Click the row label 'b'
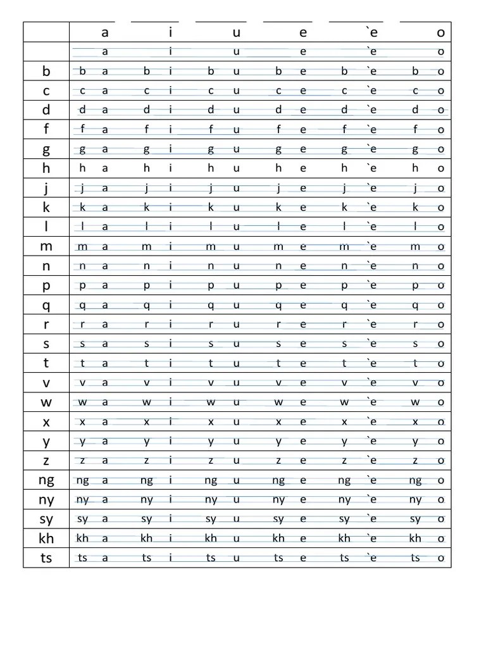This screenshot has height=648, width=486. tap(46, 72)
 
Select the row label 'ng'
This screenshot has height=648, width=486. tap(46, 480)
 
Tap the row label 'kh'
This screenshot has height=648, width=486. tap(46, 539)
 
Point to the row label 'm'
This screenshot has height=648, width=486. tap(46, 247)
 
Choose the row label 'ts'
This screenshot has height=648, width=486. tap(46, 558)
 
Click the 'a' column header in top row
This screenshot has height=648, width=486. tap(105, 32)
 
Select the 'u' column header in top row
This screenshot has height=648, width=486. tap(237, 32)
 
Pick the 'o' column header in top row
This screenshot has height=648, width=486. tap(441, 32)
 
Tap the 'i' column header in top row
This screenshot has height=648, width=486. tap(171, 32)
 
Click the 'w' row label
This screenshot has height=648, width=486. tap(46, 402)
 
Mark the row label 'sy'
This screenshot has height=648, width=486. tap(46, 520)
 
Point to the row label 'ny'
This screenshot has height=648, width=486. tap(46, 500)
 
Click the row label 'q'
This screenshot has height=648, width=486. tap(46, 306)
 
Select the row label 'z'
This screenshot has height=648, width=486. tap(46, 461)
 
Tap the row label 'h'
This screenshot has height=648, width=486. tap(46, 168)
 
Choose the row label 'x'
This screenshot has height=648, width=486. tap(46, 422)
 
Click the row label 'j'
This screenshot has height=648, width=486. tap(46, 188)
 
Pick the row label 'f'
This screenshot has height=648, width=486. tap(46, 130)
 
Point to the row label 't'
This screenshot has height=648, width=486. tap(46, 363)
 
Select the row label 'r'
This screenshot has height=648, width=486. tap(46, 325)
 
